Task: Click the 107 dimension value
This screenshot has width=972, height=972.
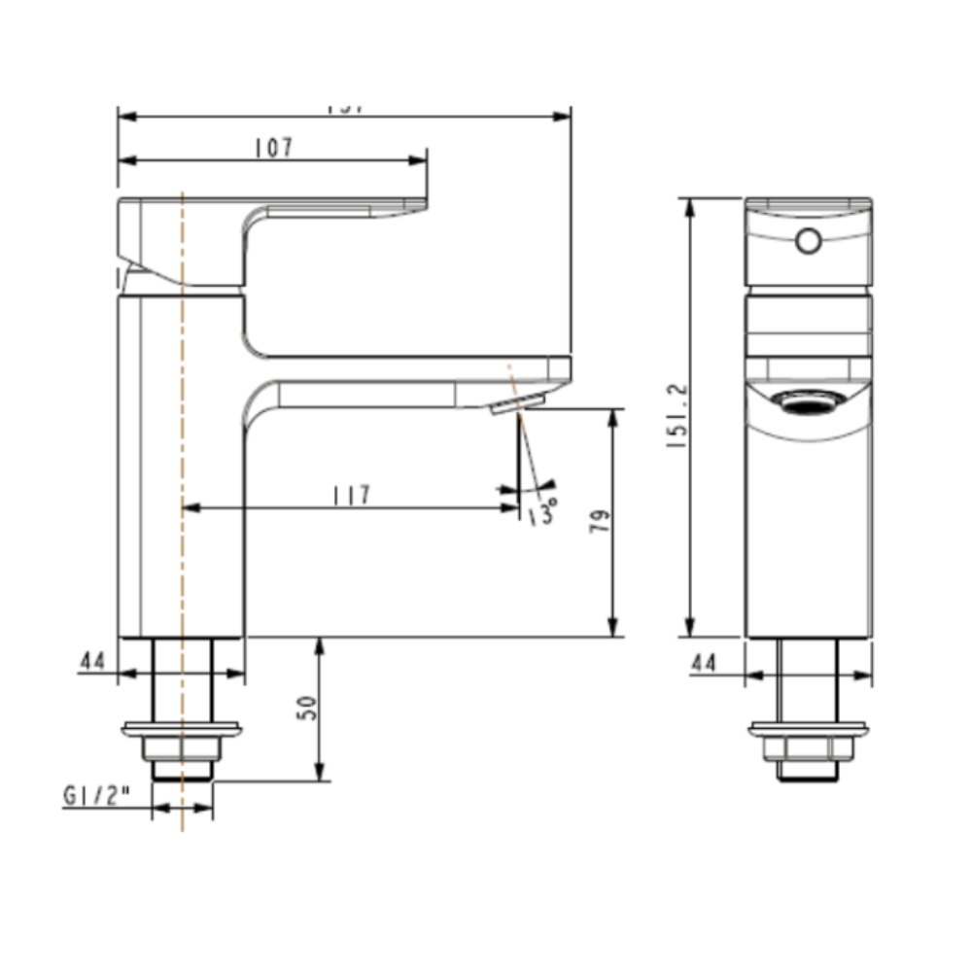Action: click(x=273, y=148)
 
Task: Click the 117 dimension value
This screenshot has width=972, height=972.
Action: click(x=351, y=496)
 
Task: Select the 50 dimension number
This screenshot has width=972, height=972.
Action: click(x=308, y=708)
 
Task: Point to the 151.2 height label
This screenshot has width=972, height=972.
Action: click(x=677, y=415)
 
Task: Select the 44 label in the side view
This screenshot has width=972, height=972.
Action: click(x=92, y=661)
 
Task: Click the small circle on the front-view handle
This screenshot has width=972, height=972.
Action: click(x=808, y=239)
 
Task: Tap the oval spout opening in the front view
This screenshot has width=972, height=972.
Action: click(x=809, y=402)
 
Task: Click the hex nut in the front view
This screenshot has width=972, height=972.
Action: click(x=808, y=747)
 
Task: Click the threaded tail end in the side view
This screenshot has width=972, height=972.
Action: click(x=183, y=770)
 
